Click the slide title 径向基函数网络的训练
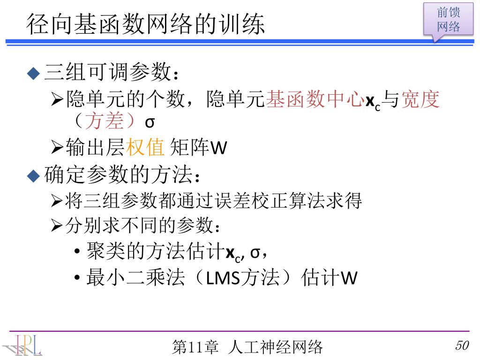[145, 23]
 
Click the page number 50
[462, 346]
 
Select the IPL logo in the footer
[23, 345]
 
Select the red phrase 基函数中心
[315, 99]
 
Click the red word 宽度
[420, 99]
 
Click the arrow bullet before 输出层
[57, 149]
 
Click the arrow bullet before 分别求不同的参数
[57, 227]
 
